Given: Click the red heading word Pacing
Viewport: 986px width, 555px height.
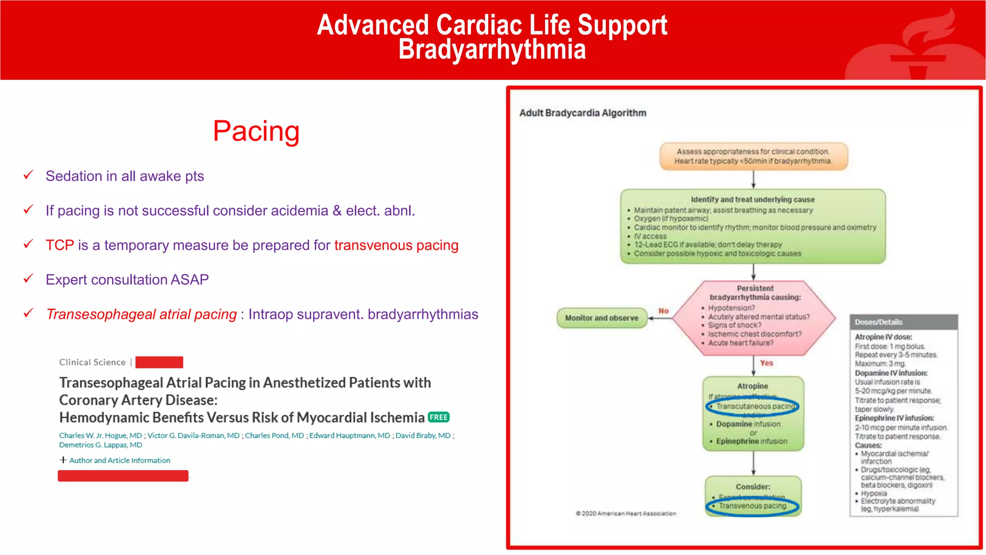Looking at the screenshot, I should click(x=256, y=131).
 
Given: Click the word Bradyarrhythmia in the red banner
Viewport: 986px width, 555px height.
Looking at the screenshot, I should click(x=492, y=50).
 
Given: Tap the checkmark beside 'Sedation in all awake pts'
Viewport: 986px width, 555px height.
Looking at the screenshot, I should click(x=28, y=175).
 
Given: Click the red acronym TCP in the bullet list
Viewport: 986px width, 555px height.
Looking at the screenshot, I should click(x=60, y=245).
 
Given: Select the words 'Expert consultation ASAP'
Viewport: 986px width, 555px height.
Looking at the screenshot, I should click(x=127, y=280).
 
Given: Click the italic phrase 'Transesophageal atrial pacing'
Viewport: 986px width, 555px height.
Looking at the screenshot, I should click(x=142, y=315).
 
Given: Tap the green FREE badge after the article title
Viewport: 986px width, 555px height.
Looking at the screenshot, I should click(x=439, y=417).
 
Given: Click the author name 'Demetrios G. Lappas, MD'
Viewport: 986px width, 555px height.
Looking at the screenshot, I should click(x=101, y=445).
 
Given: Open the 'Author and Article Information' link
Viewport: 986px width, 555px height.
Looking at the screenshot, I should click(x=119, y=461).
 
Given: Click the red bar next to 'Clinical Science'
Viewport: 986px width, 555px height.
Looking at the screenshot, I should click(x=159, y=362).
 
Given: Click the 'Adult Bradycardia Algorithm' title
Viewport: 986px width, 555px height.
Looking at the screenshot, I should click(x=583, y=113).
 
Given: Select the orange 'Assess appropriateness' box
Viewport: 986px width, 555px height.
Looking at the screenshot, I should click(x=753, y=156).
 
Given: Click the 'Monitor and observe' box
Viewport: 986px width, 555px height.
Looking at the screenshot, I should click(x=601, y=318).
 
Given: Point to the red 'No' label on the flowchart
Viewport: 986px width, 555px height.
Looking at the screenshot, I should click(x=663, y=311).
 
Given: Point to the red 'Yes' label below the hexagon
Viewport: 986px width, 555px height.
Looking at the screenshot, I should click(x=766, y=363).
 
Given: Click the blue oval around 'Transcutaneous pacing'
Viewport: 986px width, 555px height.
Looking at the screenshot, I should click(x=752, y=407).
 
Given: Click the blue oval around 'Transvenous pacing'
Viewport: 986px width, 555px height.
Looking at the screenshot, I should click(x=752, y=506).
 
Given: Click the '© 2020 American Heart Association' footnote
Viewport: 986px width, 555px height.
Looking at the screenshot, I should click(x=626, y=514).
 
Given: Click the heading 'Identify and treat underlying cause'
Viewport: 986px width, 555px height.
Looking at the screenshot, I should click(x=752, y=199).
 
